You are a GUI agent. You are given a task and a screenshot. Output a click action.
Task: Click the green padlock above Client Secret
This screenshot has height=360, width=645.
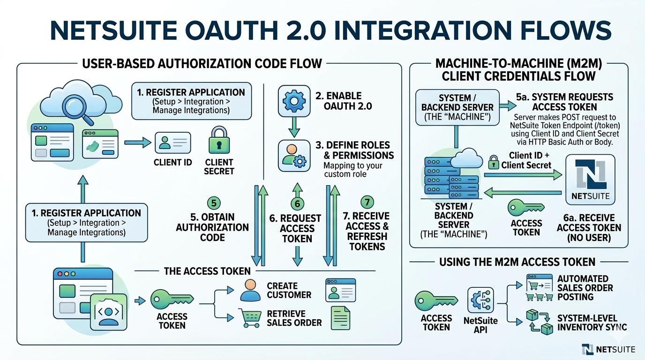(219, 140)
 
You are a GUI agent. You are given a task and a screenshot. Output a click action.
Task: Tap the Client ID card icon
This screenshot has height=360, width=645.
(173, 142)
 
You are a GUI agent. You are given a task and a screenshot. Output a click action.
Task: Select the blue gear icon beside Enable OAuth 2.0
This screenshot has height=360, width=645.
(294, 100)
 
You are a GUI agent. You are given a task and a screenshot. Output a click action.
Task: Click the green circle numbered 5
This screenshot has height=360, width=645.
(214, 203)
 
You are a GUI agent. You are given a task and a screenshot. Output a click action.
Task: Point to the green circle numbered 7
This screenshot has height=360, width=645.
(367, 202)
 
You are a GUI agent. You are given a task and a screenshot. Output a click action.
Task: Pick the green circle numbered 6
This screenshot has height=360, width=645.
(297, 203)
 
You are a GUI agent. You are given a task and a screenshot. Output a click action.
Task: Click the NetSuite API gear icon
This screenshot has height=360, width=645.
(480, 300)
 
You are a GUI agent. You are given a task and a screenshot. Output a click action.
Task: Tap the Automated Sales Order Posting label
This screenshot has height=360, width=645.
(585, 287)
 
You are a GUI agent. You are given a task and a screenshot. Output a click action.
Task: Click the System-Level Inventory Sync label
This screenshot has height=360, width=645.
(592, 322)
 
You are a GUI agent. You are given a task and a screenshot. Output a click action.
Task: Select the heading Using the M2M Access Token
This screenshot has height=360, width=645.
(517, 262)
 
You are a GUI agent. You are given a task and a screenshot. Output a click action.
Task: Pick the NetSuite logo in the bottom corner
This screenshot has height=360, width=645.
(608, 349)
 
